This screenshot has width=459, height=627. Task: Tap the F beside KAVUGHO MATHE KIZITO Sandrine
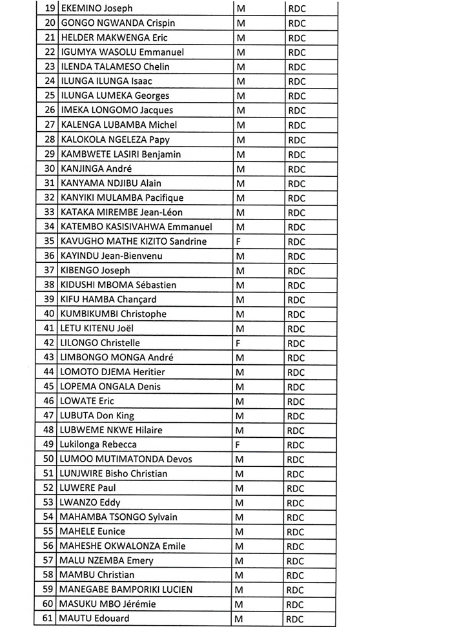point(239,242)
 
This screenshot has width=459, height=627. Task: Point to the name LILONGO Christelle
point(100,344)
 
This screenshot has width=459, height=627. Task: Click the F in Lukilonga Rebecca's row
point(239,445)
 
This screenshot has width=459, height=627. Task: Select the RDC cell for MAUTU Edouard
point(296,619)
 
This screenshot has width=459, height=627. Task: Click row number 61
point(47,619)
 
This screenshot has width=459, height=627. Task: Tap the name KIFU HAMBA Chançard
point(108,300)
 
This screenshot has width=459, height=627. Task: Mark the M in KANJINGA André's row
point(241,169)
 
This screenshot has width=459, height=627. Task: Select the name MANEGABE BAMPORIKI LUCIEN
point(126,590)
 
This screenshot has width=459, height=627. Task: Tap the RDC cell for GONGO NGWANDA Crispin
point(296,23)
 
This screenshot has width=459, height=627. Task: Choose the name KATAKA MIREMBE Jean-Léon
point(121,212)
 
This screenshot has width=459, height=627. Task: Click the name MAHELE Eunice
point(92,531)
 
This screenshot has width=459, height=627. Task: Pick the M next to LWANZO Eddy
point(241,503)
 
